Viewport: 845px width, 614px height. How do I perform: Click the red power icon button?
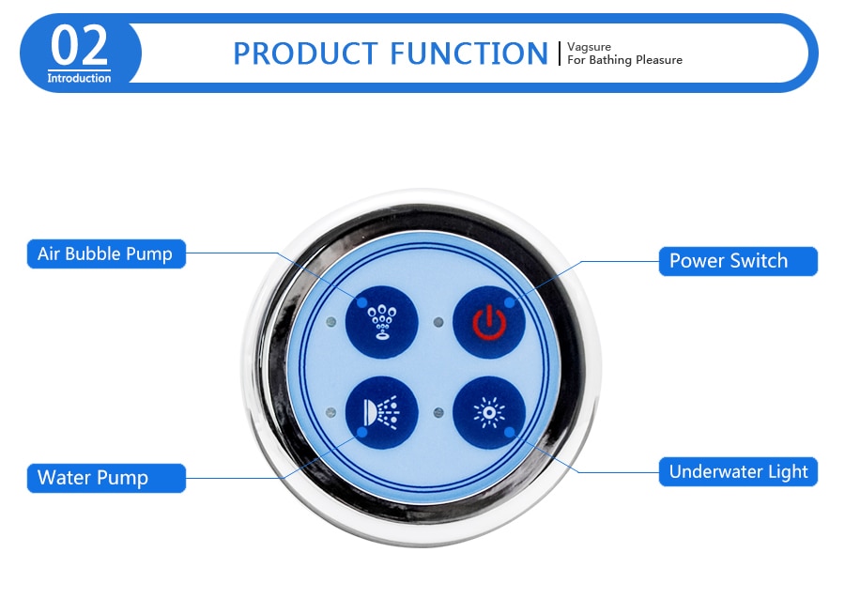click(489, 322)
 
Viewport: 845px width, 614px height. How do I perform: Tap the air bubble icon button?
click(381, 322)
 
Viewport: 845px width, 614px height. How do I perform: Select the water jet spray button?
click(381, 412)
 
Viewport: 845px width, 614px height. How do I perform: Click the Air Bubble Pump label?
click(106, 253)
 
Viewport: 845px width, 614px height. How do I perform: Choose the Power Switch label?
click(738, 261)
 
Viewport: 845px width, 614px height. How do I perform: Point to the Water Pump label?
click(106, 478)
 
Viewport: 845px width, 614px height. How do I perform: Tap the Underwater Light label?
click(738, 471)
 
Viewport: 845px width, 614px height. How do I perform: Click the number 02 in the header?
click(79, 46)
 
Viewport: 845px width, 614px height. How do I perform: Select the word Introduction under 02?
click(79, 78)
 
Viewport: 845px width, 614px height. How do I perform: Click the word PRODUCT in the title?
click(305, 54)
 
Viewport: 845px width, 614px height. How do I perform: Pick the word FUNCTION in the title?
click(469, 54)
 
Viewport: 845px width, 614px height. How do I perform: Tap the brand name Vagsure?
click(589, 47)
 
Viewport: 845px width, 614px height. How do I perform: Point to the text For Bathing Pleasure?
click(624, 60)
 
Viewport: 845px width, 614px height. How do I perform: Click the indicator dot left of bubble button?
click(331, 322)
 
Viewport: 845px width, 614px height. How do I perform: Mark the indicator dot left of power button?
click(438, 322)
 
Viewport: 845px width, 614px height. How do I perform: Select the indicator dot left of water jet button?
click(331, 413)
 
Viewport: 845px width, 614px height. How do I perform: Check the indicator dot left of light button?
click(438, 413)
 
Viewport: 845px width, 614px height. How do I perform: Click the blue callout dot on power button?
click(509, 303)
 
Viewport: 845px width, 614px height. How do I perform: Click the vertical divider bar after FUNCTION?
click(560, 54)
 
